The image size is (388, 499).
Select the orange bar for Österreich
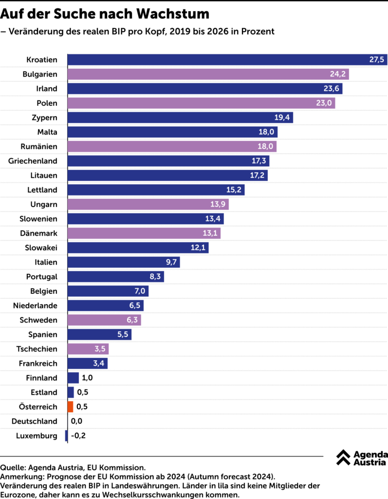[71, 406]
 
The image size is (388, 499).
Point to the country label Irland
[47, 89]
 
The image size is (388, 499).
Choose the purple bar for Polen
[201, 103]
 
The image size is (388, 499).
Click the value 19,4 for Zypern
[280, 118]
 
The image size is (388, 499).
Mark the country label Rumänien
[39, 147]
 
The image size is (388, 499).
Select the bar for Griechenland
[168, 161]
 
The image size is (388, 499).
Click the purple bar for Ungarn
[148, 204]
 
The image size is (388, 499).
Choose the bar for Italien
[124, 262]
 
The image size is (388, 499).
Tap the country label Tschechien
[37, 349]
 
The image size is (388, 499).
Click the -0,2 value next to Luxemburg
[78, 436]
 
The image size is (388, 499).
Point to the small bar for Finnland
[73, 378]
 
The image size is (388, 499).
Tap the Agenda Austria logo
[362, 458]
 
